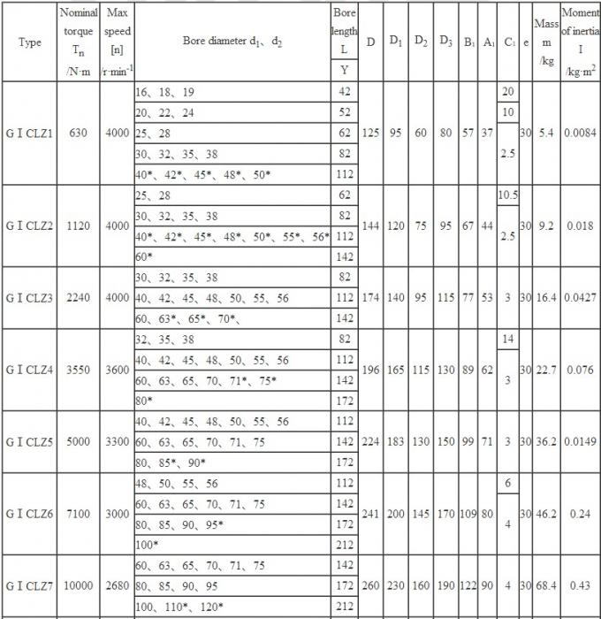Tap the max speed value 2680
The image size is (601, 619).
click(118, 585)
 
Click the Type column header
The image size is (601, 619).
click(30, 42)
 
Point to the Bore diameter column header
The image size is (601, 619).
click(232, 42)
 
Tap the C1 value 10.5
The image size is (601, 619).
click(508, 195)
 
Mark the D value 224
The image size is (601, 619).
click(371, 441)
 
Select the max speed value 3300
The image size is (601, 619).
click(118, 441)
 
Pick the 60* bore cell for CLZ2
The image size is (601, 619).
click(144, 256)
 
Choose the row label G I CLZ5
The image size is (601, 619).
click(30, 441)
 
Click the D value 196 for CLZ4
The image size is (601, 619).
click(371, 369)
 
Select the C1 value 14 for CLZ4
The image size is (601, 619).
click(508, 339)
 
